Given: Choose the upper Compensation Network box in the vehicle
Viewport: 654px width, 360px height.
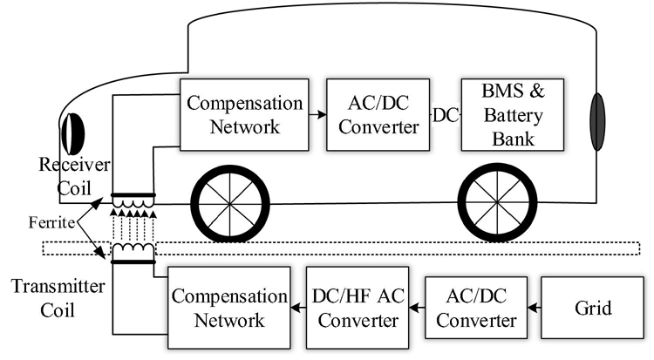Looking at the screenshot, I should [242, 114].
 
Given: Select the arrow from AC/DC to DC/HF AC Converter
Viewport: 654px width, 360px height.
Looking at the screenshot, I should [415, 308].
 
